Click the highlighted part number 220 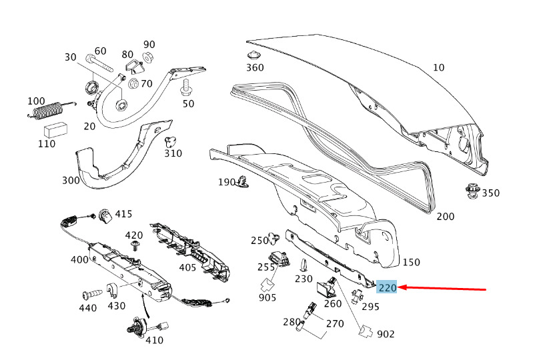tap(387, 287)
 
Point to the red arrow tap(442, 288)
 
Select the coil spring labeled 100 tap(51, 109)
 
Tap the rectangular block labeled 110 tap(55, 130)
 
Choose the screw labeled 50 tap(186, 87)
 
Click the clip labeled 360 tap(254, 55)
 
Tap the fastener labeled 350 tap(472, 191)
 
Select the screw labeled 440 tap(93, 295)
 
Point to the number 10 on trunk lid tap(439, 67)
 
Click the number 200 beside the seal tap(445, 217)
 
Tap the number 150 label tap(411, 262)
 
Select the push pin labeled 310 tap(170, 141)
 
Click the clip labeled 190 tap(243, 182)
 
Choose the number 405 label tap(187, 267)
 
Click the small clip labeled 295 tap(356, 297)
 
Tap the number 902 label tap(386, 334)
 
